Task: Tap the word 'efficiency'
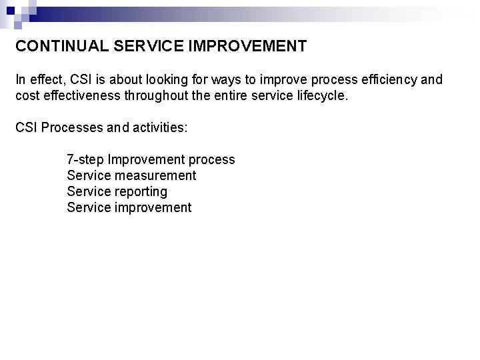(x=387, y=80)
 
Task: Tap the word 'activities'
(x=159, y=127)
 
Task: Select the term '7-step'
(x=85, y=160)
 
